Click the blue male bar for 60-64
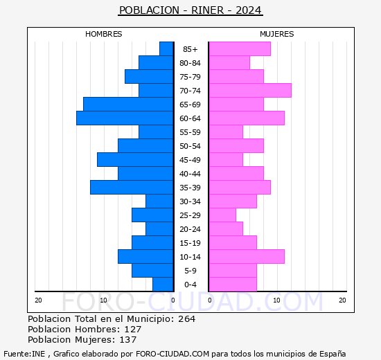tap(125, 118)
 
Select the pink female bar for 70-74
tap(249, 91)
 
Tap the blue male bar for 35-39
tap(132, 188)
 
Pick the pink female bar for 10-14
tap(246, 257)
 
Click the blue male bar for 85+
tap(166, 49)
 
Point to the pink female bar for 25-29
tap(222, 215)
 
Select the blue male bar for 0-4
tap(163, 285)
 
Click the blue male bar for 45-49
tap(135, 160)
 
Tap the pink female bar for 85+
tap(239, 49)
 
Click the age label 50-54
tap(190, 146)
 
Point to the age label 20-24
tap(190, 229)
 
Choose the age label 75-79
tap(190, 77)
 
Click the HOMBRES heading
tap(104, 34)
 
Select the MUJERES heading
tap(277, 34)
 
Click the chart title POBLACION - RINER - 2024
tap(190, 10)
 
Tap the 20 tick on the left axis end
tap(39, 300)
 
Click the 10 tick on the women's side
tap(277, 300)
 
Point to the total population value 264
tap(186, 319)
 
